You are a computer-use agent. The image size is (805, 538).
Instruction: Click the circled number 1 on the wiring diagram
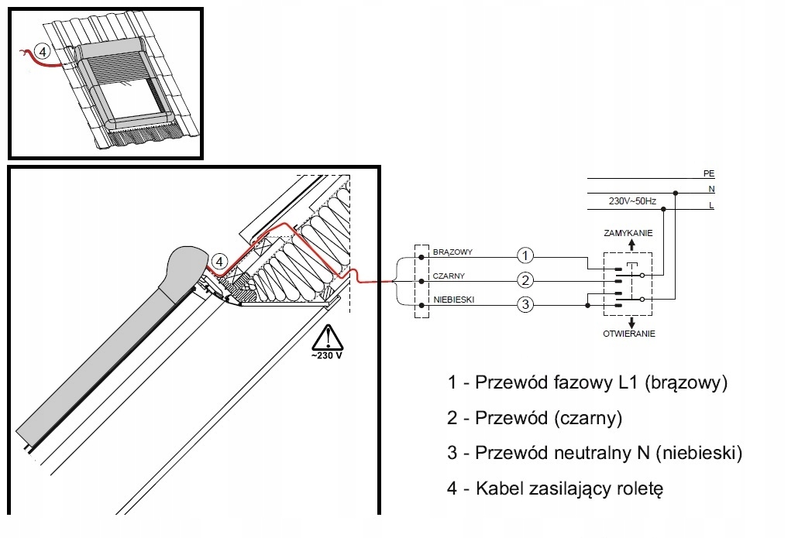(x=525, y=255)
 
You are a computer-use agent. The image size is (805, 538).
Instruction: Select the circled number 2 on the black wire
(x=525, y=280)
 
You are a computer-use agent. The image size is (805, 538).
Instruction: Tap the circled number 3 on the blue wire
(x=525, y=305)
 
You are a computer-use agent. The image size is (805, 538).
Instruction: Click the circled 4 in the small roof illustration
(x=42, y=52)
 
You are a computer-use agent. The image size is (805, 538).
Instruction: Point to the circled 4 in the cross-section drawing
(x=219, y=262)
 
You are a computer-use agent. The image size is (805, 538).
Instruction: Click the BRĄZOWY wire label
(x=452, y=252)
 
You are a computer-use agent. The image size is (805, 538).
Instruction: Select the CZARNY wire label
(x=449, y=276)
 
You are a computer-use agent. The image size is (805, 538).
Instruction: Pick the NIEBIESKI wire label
(x=454, y=300)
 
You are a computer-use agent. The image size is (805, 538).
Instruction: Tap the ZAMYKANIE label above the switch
(x=628, y=233)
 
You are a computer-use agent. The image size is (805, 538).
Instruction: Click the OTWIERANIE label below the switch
(x=629, y=334)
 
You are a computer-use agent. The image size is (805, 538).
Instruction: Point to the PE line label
(x=709, y=174)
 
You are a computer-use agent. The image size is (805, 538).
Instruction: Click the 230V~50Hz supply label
(x=632, y=201)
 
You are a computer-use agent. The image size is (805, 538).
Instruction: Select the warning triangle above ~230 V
(x=327, y=337)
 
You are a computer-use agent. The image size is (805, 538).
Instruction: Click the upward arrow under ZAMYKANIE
(x=631, y=245)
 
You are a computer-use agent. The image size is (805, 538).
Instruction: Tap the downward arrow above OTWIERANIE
(x=631, y=323)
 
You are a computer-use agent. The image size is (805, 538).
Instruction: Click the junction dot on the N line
(x=676, y=194)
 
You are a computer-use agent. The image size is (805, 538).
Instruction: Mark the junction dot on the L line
(x=664, y=209)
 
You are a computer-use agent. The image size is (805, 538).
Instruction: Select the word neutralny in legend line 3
(x=592, y=453)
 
